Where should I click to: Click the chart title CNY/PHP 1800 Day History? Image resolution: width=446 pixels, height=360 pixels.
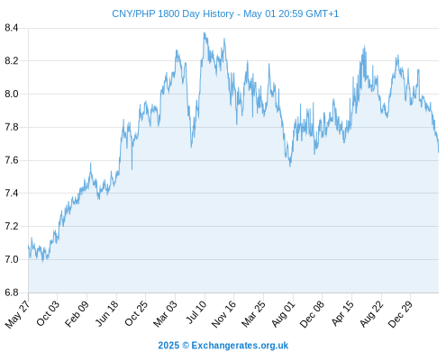point(173,13)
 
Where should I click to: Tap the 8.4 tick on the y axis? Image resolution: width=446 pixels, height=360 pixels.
point(12,28)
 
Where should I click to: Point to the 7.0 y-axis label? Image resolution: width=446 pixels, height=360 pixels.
point(12,259)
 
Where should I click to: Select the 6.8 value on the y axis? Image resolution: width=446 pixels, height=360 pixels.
point(12,292)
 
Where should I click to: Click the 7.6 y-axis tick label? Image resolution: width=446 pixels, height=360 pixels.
point(12,160)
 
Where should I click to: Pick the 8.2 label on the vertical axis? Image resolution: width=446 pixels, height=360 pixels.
point(12,61)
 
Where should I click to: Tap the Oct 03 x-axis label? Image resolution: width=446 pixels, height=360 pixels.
point(48,313)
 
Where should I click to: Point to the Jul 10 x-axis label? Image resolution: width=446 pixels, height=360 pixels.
point(196,312)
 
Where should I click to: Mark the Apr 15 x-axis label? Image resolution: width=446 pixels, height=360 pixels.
point(342,313)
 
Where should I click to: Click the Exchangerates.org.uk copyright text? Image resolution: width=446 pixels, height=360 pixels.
point(240,346)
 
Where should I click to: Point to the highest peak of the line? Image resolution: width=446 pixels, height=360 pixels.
point(205,32)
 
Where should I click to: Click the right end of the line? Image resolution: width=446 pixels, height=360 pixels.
point(439,152)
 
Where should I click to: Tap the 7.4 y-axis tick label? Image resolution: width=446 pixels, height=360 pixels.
point(12,193)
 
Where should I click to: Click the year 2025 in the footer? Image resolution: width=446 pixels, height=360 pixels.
point(168,346)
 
